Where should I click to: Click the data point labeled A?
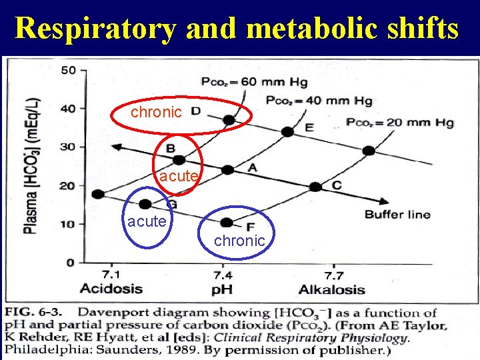227,170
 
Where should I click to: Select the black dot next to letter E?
287,132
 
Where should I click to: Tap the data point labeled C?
315,187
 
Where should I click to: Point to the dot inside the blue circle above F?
227,222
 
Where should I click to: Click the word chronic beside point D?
156,113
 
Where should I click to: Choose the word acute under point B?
178,177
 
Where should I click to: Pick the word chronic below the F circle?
239,241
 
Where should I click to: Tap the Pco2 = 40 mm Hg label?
319,101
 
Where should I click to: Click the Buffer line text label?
397,214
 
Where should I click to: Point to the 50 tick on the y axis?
68,70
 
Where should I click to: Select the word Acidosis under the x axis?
111,289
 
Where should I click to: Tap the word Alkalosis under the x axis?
331,289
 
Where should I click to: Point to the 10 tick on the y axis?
68,224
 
